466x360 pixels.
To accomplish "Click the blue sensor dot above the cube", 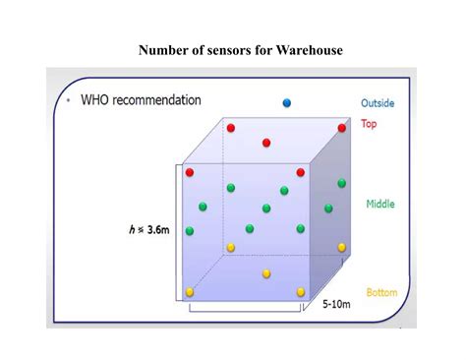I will point(287,102).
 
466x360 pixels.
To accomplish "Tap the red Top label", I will point(369,124).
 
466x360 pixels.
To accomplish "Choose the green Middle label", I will point(380,205).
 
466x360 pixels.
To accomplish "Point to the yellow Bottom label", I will point(381,292).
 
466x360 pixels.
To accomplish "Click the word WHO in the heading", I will point(97,100).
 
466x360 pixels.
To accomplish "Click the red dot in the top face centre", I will point(266,143).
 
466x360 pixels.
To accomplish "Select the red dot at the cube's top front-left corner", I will point(190,172).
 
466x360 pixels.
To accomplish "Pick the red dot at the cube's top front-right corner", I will point(301,172).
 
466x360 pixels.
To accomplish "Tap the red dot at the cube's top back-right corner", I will point(342,128).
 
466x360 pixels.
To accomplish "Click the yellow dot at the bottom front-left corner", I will point(190,292).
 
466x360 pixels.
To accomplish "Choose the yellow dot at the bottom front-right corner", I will point(301,292).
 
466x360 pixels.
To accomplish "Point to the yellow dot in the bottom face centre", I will point(266,273).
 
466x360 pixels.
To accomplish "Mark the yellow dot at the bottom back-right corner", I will point(342,247).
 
